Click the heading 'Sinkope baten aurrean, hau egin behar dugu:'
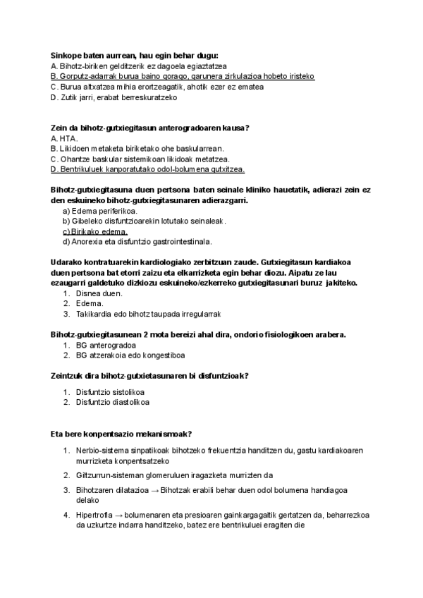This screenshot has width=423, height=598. (135, 55)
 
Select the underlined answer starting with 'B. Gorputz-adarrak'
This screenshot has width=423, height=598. (183, 76)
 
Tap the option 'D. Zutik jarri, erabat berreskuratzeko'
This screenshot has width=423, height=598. (114, 97)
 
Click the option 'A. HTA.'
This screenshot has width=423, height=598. (64, 138)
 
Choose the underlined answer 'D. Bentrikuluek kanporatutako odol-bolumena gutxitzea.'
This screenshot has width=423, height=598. (147, 169)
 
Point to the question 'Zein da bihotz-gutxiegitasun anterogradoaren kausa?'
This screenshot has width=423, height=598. (150, 128)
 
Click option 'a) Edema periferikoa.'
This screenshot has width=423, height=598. (100, 210)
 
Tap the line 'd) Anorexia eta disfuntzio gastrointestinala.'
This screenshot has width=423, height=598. (137, 241)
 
